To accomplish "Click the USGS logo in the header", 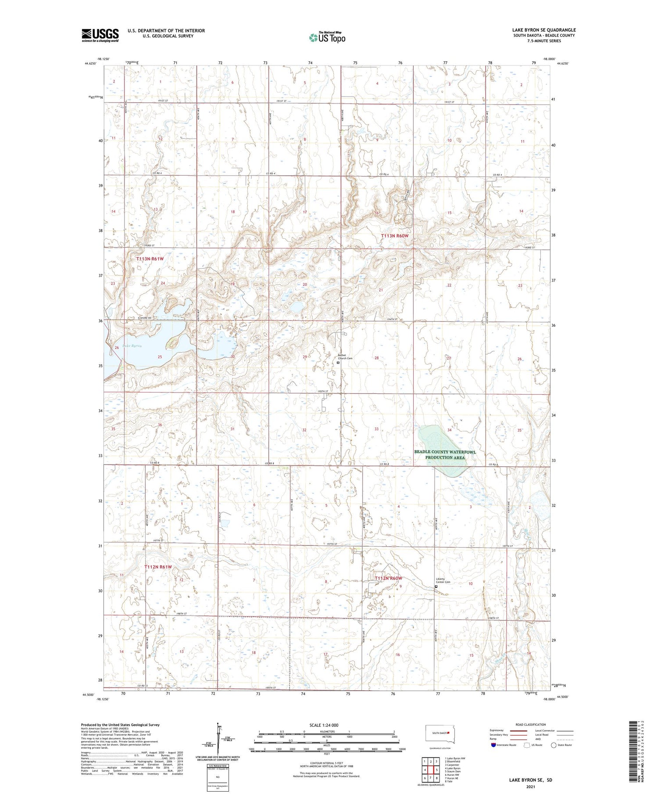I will pos(100,35).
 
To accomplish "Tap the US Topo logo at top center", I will pos(327,38).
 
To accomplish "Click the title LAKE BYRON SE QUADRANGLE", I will pos(544,30).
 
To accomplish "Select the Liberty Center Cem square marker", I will pos(436,587).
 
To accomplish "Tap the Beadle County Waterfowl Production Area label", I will pos(445,454).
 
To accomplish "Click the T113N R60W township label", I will pos(395,236).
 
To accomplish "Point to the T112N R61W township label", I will pos(158,567).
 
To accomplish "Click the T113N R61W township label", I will pos(150,259).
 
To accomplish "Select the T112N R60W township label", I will pos(388,578).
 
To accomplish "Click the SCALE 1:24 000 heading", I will pos(326,725).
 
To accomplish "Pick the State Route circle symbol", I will pos(554,745).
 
